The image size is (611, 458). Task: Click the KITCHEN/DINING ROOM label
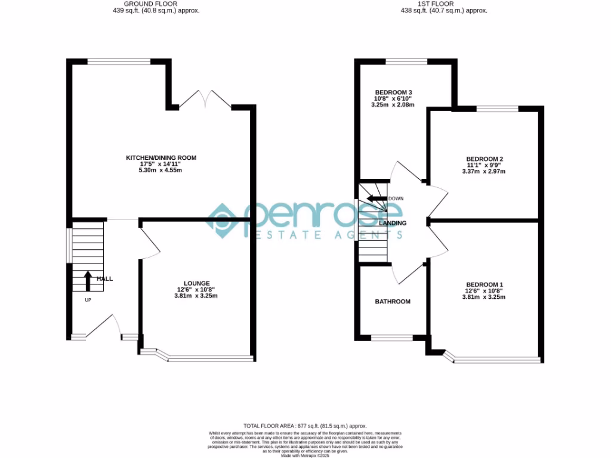161,158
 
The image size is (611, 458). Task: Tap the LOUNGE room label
196,283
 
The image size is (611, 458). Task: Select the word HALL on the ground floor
104,278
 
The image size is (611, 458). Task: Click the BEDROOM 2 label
485,159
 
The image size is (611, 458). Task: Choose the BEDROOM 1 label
485,284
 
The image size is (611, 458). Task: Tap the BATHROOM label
393,302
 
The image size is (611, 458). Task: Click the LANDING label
393,223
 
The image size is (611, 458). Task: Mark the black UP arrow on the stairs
88,281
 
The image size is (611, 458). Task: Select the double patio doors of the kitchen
205,100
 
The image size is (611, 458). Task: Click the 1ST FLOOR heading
444,4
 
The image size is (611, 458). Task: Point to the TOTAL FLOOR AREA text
305,426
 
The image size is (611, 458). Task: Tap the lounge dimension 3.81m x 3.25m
196,296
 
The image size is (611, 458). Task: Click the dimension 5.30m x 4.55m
161,171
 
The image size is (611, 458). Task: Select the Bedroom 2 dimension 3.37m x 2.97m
484,172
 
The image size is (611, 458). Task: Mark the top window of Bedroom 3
406,61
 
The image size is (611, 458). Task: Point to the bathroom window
391,338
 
